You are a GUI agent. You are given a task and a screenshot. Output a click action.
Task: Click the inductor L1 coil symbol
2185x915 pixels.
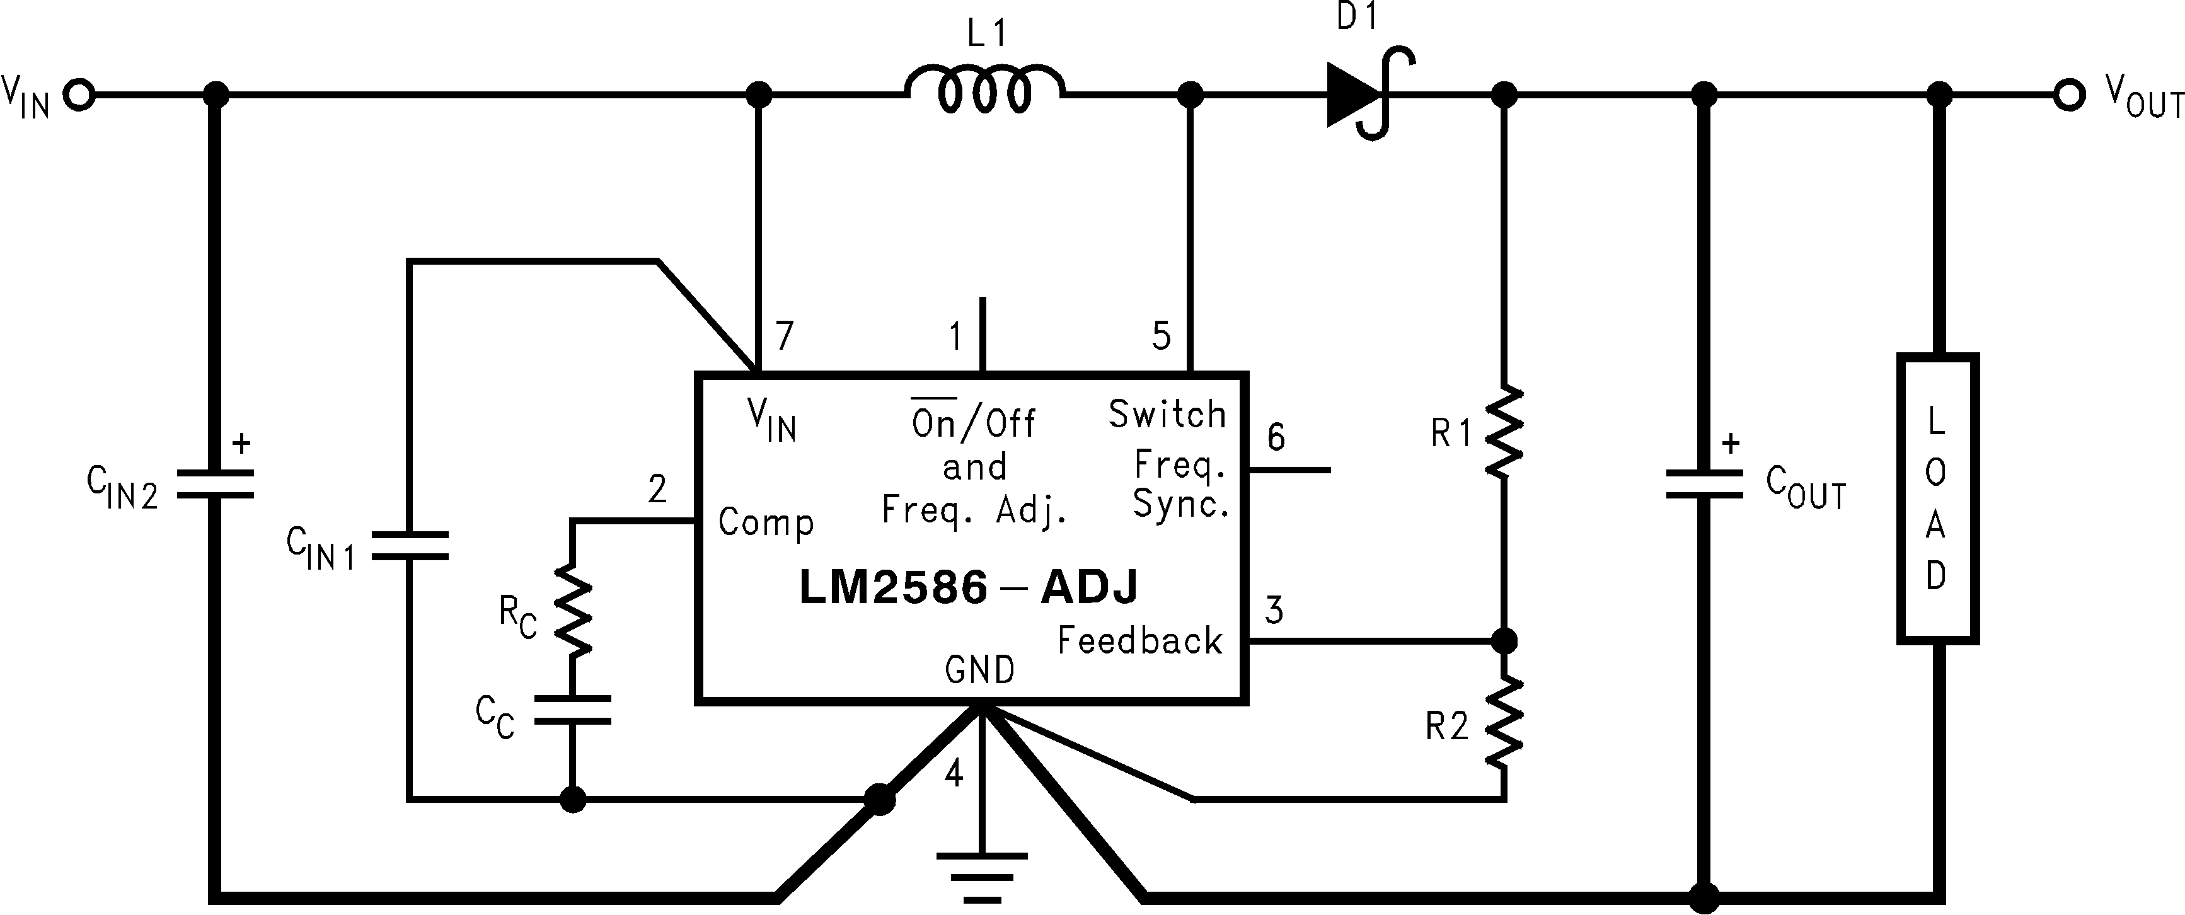[984, 89]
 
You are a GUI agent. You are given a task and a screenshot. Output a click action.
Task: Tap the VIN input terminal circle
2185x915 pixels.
[81, 95]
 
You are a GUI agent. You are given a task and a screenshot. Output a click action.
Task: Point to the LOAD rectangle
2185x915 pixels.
[1937, 498]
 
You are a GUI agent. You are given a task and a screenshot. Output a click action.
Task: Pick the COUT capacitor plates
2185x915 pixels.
[1705, 484]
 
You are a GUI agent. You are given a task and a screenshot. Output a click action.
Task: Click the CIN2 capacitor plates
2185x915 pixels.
[216, 483]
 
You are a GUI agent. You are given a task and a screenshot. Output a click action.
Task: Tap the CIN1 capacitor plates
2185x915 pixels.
[410, 545]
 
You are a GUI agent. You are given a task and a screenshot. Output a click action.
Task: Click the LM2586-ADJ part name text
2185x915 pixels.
[969, 587]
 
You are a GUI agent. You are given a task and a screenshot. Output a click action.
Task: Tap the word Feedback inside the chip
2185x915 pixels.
[1140, 641]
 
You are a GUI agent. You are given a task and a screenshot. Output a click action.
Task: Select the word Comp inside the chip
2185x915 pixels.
[766, 522]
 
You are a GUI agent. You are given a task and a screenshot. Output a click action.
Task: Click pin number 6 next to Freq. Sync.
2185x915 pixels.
[1276, 437]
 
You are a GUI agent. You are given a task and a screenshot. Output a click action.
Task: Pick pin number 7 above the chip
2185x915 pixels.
[785, 336]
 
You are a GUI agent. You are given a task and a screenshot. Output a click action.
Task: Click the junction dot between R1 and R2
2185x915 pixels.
[1504, 641]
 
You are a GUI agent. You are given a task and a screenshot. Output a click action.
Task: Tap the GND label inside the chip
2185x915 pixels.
[979, 670]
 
